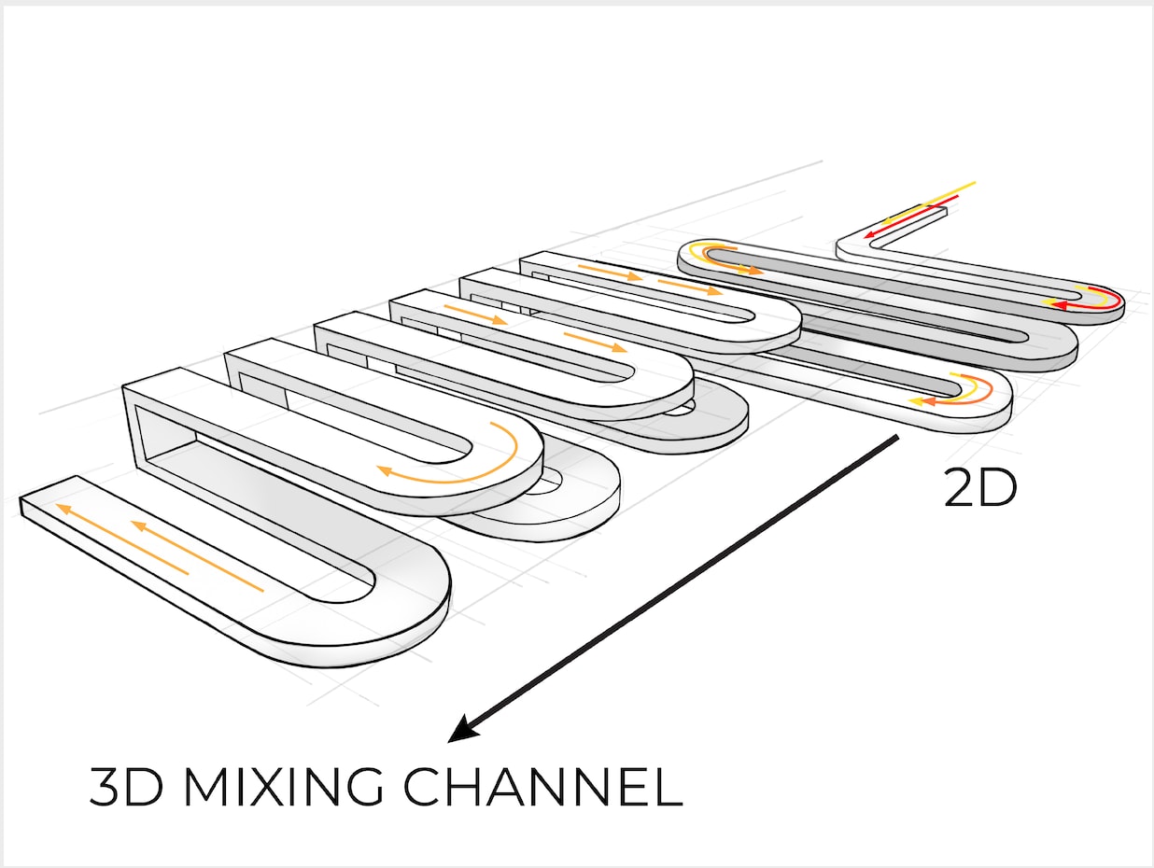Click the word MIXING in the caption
(284, 787)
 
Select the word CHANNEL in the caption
(542, 787)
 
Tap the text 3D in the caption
(126, 787)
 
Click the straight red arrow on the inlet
(910, 216)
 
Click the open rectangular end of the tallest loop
(159, 429)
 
